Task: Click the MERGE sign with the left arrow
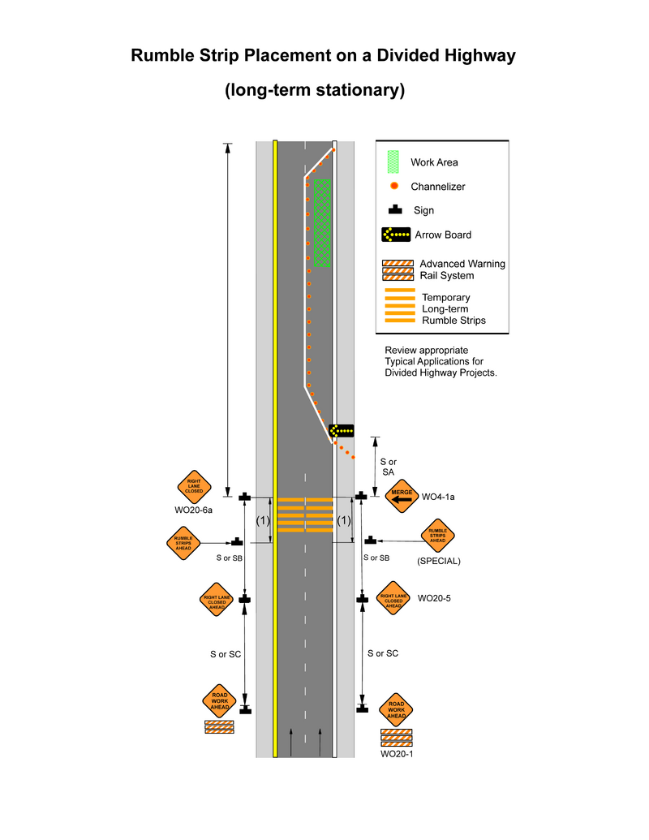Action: (402, 496)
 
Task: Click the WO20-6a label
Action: (193, 510)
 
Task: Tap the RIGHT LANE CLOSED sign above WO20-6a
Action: (194, 486)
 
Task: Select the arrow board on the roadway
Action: (341, 430)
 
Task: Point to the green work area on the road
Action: (322, 223)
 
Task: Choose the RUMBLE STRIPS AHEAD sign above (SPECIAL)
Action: (437, 536)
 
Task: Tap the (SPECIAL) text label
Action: (438, 561)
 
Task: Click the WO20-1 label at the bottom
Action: (397, 754)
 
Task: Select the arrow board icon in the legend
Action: (396, 235)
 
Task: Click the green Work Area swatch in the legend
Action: (394, 162)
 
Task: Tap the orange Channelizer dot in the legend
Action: (394, 186)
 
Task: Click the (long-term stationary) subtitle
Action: (315, 89)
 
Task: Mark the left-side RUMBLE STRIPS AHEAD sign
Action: (183, 542)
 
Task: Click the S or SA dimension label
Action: (388, 467)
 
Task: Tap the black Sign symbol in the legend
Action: (396, 210)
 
